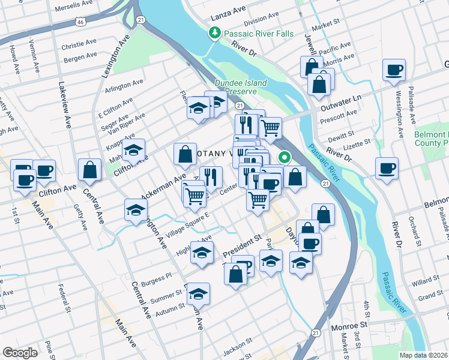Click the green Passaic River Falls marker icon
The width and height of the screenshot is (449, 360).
click(214, 34)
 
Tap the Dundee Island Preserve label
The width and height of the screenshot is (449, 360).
click(236, 87)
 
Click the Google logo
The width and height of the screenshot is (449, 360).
click(20, 353)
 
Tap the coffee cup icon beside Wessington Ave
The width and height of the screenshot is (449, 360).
click(394, 70)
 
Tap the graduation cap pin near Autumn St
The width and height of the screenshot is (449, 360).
click(198, 294)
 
